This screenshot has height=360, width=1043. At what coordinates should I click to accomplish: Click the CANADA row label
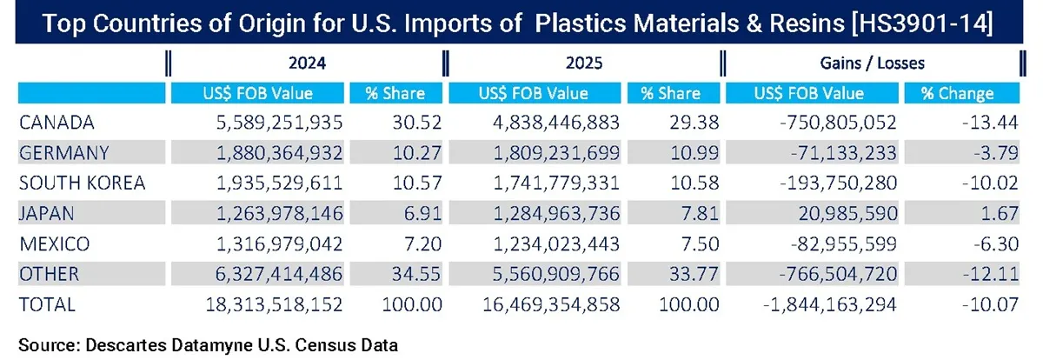click(x=56, y=123)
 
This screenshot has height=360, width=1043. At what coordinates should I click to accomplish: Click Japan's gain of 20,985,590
click(x=823, y=214)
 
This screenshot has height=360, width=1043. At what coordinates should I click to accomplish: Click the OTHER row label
click(x=49, y=275)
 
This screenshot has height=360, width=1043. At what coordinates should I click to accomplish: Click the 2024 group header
click(x=302, y=63)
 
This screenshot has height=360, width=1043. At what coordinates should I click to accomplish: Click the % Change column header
click(x=960, y=93)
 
